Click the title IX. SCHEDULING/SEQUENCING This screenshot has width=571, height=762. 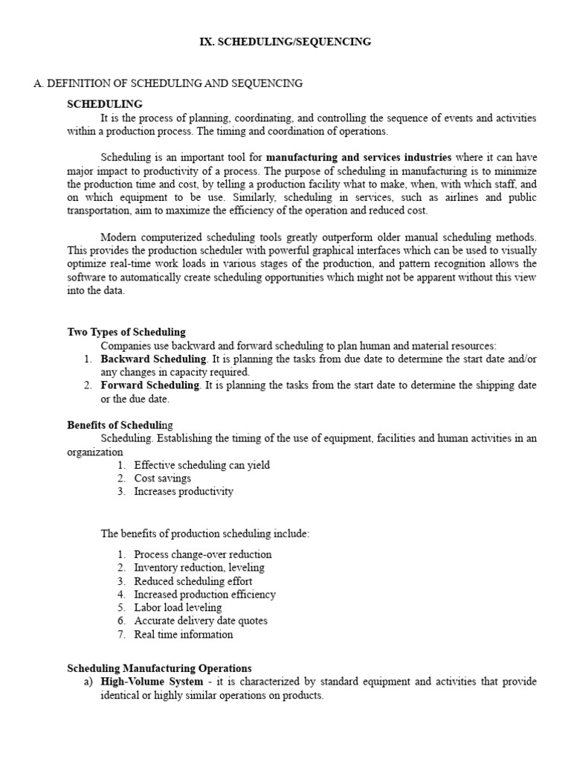point(285,42)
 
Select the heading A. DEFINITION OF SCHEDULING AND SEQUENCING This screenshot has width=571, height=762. point(168,83)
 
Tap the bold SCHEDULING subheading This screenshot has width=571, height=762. point(105,103)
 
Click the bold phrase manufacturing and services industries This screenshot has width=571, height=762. point(358,157)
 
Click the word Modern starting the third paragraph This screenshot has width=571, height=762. point(118,237)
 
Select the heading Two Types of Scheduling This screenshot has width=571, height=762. point(126,332)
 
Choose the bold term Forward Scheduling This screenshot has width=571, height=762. point(150,385)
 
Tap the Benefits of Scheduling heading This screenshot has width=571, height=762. point(120,425)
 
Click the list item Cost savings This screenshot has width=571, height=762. point(162,478)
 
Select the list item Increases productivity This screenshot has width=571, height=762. point(184,492)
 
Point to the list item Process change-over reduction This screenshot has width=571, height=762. point(202,554)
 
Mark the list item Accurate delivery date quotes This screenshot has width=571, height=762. point(201,621)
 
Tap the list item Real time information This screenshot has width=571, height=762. point(183,635)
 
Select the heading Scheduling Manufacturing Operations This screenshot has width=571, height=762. point(159,668)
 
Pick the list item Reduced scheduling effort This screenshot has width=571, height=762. point(193,581)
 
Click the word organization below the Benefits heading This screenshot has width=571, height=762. point(95,452)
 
